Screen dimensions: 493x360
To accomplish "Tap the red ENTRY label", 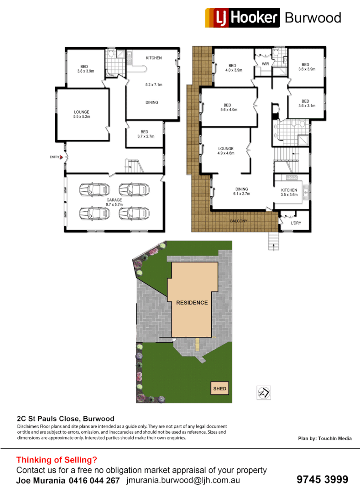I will click(x=55, y=157).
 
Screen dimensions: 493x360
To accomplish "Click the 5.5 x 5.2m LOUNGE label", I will click(x=82, y=115).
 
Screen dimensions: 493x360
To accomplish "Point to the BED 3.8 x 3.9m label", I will click(x=85, y=68).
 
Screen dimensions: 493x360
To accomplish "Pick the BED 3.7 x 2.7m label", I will click(x=144, y=134).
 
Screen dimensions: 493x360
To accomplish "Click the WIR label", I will click(x=265, y=64).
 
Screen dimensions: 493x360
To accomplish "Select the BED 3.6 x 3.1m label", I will click(x=305, y=104).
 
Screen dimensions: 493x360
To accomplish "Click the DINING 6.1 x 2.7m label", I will click(x=242, y=191).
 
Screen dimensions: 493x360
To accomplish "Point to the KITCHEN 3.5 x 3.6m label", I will click(x=289, y=192).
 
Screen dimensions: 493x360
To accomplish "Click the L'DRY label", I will click(x=299, y=223).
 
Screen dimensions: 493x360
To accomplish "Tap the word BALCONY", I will click(x=239, y=221).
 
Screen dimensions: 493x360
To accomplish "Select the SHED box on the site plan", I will click(x=219, y=389).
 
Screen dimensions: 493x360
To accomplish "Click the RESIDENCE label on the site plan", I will click(x=192, y=303).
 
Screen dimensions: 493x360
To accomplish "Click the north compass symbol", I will click(x=264, y=392).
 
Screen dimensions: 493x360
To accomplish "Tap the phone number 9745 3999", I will click(x=322, y=479).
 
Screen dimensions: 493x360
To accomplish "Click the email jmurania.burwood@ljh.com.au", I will click(x=183, y=480).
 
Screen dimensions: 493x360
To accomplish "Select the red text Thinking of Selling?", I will click(x=57, y=460).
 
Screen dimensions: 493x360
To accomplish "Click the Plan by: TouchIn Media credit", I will click(x=324, y=438).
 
